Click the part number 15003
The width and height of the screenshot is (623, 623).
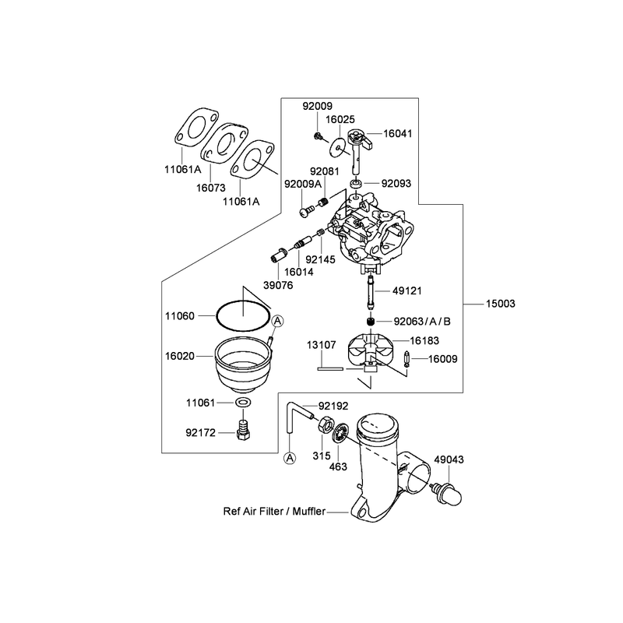(x=500, y=304)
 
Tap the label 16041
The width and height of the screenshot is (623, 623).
(x=397, y=133)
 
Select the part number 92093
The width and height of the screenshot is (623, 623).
(x=396, y=184)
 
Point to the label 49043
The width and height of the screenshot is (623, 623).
(x=449, y=459)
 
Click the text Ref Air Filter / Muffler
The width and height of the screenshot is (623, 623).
(x=274, y=512)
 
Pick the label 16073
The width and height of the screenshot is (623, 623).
(x=210, y=188)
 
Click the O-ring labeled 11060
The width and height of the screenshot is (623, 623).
(x=242, y=317)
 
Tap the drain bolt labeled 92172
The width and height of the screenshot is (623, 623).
(x=243, y=429)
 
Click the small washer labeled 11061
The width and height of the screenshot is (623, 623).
(x=243, y=403)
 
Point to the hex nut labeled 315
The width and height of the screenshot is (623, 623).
(x=325, y=424)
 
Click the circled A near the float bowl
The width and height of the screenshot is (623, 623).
(x=278, y=321)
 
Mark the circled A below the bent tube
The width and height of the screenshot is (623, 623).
(x=290, y=458)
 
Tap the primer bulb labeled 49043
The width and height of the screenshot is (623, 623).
(x=448, y=493)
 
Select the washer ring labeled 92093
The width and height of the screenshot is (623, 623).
(x=356, y=184)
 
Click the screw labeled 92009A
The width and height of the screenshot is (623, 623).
(x=307, y=210)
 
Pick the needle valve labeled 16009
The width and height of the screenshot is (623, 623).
(x=407, y=359)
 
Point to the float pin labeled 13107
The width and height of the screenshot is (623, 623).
(x=330, y=368)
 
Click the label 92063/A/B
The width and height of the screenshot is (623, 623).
(x=422, y=322)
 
